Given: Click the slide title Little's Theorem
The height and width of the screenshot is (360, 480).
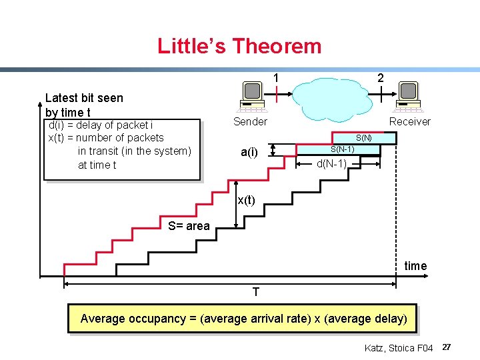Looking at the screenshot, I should [239, 46].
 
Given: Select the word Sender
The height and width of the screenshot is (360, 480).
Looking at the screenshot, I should [250, 121].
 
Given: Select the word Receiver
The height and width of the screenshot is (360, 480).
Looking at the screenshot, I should [410, 121].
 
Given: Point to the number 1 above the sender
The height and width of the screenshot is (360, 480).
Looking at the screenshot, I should [275, 77].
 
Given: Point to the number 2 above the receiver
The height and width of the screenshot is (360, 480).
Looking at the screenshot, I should [380, 77].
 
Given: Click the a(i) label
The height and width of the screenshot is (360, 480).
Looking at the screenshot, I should [249, 152].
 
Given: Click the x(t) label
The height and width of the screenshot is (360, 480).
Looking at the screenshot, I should [246, 200].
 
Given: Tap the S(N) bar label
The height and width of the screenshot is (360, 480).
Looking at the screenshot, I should [363, 138].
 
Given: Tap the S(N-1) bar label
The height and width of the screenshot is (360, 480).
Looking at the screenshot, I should [342, 149].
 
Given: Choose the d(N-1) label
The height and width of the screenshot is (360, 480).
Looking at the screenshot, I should [331, 163].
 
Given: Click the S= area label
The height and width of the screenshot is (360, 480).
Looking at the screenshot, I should [189, 226].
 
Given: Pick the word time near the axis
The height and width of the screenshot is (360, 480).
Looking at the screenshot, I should [415, 266].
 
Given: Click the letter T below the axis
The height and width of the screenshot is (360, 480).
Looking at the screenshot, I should [256, 293].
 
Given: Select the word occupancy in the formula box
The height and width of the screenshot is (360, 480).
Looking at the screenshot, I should [156, 319].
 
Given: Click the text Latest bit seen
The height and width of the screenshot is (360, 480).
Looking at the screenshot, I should [84, 98].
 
